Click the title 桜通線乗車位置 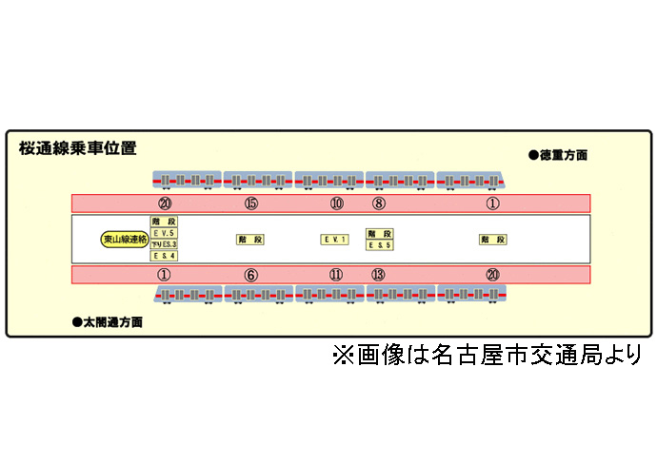click(x=77, y=149)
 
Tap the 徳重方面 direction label click(x=563, y=154)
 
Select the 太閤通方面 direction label click(x=110, y=322)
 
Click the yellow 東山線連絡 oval click(x=125, y=240)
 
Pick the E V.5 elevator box click(x=164, y=233)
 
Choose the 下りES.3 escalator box click(x=164, y=244)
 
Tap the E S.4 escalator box click(x=164, y=255)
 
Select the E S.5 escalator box click(x=380, y=245)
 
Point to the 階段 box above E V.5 click(x=164, y=222)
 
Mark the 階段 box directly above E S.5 click(x=380, y=234)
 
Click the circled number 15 click(x=251, y=203)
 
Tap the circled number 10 click(x=337, y=203)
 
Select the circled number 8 click(x=379, y=203)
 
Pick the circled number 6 click(x=251, y=275)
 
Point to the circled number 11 click(x=337, y=275)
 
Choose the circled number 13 click(x=379, y=275)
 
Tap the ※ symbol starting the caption click(x=343, y=356)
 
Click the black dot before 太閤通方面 click(x=76, y=322)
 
